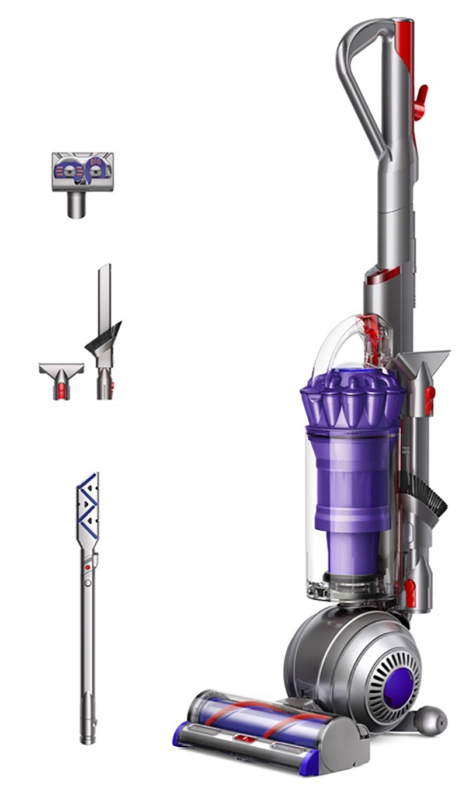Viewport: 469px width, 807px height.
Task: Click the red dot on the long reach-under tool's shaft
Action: tap(87, 566)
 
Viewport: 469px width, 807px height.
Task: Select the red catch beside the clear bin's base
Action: tap(411, 590)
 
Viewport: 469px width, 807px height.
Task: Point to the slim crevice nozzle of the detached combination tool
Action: tap(105, 292)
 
